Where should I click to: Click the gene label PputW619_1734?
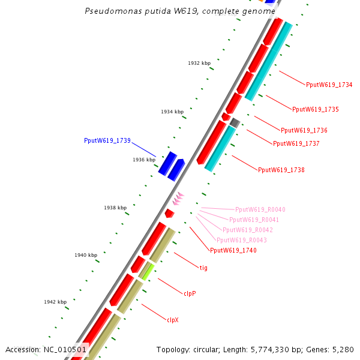click(x=329, y=85)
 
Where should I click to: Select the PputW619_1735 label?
click(x=315, y=109)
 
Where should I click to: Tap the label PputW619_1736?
click(x=304, y=130)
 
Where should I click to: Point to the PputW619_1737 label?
click(x=296, y=143)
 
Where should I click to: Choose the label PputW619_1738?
click(x=281, y=170)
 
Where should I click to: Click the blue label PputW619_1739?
click(x=107, y=140)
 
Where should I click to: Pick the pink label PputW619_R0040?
click(x=260, y=209)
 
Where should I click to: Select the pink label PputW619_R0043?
click(x=241, y=240)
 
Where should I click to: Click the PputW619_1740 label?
click(x=233, y=250)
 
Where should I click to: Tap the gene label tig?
click(x=203, y=268)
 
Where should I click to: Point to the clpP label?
click(x=190, y=293)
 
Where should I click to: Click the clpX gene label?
click(x=173, y=320)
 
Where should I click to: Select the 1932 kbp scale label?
click(x=199, y=63)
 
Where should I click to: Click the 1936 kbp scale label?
click(x=144, y=160)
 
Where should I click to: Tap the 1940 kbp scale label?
click(x=86, y=255)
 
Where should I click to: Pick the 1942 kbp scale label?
click(x=55, y=302)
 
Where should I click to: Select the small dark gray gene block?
click(x=235, y=122)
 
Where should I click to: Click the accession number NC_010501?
click(x=65, y=349)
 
